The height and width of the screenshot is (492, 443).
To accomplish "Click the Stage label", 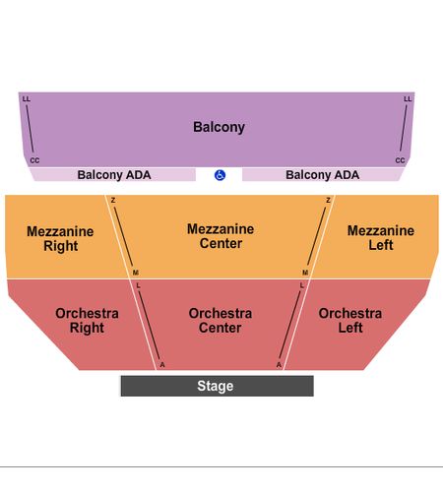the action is click(216, 386).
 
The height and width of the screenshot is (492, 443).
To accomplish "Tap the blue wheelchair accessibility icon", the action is click(220, 175).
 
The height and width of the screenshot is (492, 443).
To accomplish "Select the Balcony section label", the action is click(219, 127).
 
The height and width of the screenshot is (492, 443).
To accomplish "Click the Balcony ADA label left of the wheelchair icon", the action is click(114, 175).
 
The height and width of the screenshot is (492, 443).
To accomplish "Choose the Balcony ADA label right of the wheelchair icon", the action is click(323, 175).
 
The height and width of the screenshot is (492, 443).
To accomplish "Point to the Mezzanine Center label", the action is click(221, 236).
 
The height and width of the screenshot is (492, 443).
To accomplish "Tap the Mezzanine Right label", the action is click(60, 239).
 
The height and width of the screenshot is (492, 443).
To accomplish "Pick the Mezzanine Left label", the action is click(381, 238).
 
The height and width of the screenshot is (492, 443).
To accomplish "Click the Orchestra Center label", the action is click(221, 321).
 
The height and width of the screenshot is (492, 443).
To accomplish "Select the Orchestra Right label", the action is click(87, 321).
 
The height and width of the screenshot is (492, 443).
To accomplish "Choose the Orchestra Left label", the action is click(350, 321).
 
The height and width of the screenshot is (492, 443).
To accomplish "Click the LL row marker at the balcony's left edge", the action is click(27, 98).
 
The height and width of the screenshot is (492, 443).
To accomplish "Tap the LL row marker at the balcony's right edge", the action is click(408, 98).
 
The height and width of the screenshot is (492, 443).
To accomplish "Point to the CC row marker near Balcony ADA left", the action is click(34, 160).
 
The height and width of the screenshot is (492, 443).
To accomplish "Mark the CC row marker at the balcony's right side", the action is click(400, 160).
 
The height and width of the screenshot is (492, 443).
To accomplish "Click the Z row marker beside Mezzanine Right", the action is click(113, 200).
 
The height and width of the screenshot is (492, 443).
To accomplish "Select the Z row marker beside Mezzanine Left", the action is click(328, 200).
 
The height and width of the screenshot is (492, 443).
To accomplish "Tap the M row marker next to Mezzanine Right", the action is click(136, 273).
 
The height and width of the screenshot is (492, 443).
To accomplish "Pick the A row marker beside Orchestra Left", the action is click(279, 365).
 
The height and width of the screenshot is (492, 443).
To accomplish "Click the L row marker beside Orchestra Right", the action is click(138, 285).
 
